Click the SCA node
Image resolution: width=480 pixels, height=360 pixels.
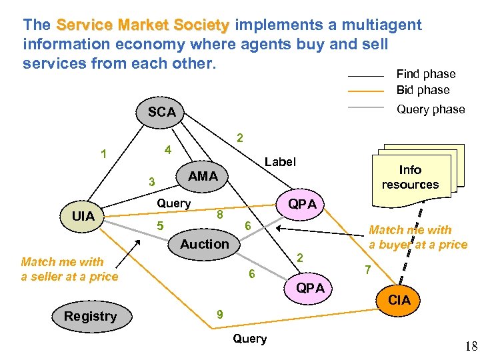(x=162, y=112)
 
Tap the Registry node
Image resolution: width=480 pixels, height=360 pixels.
(x=91, y=316)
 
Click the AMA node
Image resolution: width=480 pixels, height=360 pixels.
(x=203, y=176)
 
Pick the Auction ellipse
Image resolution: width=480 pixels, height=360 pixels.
(x=204, y=244)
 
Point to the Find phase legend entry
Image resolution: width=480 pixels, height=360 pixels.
(x=425, y=74)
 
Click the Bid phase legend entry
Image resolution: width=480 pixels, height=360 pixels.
(x=423, y=90)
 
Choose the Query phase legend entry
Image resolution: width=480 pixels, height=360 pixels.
(x=430, y=109)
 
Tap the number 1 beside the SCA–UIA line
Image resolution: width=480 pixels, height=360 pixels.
(x=103, y=155)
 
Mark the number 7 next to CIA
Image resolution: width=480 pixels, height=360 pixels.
(x=367, y=270)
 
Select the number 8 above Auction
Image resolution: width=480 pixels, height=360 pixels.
(x=219, y=215)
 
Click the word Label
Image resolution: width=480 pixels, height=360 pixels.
(x=280, y=161)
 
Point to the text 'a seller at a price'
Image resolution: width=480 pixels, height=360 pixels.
(x=69, y=277)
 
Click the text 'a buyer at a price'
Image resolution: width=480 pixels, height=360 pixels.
(x=418, y=245)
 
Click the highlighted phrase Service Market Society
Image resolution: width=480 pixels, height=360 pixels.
(x=143, y=25)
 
